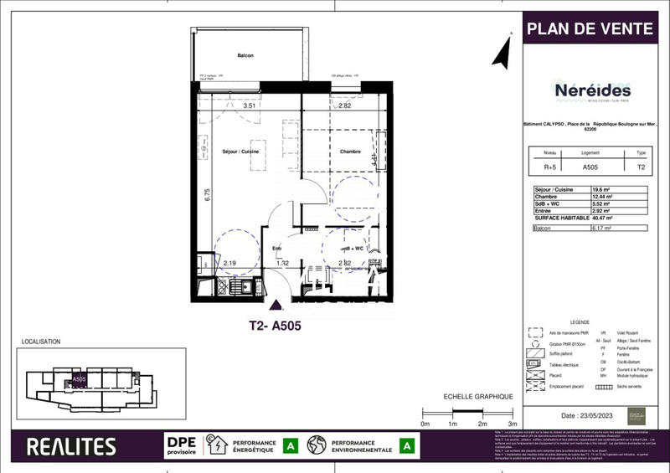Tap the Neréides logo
point(593,90)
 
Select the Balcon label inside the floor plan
point(245,55)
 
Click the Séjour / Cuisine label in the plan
point(240,151)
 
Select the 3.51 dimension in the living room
point(249,107)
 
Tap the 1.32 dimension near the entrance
point(282,263)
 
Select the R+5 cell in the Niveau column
point(549,167)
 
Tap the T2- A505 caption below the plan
point(275,326)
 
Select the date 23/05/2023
point(591,415)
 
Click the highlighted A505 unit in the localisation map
point(79,379)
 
